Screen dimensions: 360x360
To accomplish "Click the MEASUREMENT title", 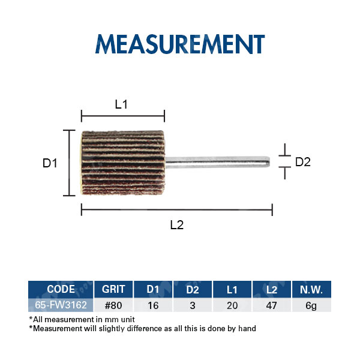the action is pos(180,44).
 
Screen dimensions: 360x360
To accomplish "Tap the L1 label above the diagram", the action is pos(121,104).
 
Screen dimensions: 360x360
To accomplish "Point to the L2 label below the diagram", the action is pos(177,225).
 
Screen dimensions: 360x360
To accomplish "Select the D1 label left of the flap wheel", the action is pos(50,163).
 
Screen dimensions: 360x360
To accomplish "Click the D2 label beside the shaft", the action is pos(303,162).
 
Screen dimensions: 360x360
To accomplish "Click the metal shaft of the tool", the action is pos(217,162).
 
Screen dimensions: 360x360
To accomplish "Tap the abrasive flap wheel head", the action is pos(123,163).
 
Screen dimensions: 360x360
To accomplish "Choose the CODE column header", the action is pos(61,289).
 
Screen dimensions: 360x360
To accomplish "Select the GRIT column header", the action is pos(113,289).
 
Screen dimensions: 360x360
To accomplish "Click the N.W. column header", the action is pos(311,289).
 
